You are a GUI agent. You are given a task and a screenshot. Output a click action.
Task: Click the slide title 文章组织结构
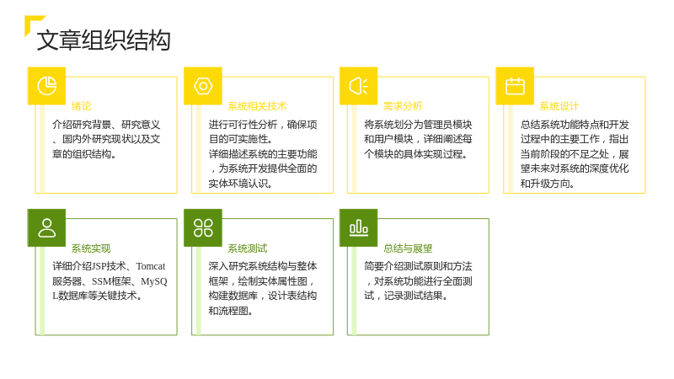pyautogui.click(x=104, y=40)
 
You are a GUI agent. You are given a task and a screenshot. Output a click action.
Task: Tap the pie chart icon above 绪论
pyautogui.click(x=47, y=86)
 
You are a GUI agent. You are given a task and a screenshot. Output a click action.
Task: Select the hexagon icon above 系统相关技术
pyautogui.click(x=203, y=86)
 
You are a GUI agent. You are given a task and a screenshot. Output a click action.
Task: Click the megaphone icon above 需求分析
pyautogui.click(x=359, y=86)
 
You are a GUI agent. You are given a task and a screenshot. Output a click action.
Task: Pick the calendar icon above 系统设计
pyautogui.click(x=515, y=86)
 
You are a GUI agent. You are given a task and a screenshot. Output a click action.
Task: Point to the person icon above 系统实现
pyautogui.click(x=47, y=227)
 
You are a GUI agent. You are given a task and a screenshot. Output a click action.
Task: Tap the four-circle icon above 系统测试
pyautogui.click(x=203, y=227)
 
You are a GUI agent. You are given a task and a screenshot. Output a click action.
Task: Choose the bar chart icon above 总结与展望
pyautogui.click(x=359, y=227)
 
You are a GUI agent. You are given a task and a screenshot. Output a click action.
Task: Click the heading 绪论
pyautogui.click(x=81, y=106)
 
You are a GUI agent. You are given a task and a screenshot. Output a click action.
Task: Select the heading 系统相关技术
pyautogui.click(x=257, y=106)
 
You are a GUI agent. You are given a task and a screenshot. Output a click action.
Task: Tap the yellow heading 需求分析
pyautogui.click(x=403, y=106)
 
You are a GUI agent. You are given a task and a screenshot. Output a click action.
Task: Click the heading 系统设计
pyautogui.click(x=559, y=106)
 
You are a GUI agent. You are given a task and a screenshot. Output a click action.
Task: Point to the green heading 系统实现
pyautogui.click(x=91, y=248)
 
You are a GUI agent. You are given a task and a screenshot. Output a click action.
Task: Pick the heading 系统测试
pyautogui.click(x=247, y=248)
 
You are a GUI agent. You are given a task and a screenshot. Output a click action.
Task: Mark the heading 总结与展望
pyautogui.click(x=408, y=248)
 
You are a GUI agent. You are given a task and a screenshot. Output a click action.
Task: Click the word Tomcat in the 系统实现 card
pyautogui.click(x=151, y=266)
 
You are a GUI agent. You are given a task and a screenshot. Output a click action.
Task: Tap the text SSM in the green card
pyautogui.click(x=101, y=281)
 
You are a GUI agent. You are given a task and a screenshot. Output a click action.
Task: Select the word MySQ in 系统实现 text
pyautogui.click(x=154, y=281)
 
